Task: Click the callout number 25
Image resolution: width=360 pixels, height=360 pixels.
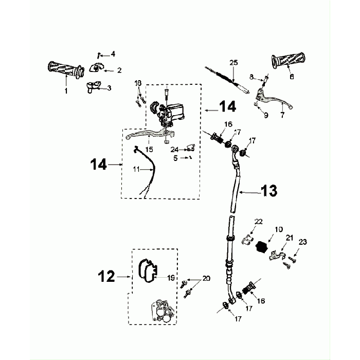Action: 233,63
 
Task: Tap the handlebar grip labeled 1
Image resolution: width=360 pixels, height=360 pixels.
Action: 66,70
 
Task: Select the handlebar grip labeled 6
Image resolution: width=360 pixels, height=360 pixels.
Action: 289,60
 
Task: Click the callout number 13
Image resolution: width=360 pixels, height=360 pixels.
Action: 269,191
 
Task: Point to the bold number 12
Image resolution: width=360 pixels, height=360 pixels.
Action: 106,277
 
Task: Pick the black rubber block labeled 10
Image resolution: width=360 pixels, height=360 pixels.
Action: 261,247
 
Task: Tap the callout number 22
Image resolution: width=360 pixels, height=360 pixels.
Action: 259,222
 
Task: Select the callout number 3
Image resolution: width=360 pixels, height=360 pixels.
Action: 109,88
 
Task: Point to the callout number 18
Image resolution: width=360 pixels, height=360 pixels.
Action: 138,83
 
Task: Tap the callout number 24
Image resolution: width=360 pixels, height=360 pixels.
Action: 174,150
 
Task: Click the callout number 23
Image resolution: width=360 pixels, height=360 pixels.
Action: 303,242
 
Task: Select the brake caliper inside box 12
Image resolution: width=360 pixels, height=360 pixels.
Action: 163,311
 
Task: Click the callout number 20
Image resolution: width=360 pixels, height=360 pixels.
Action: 206,279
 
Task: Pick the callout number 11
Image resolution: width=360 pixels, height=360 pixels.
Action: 136,169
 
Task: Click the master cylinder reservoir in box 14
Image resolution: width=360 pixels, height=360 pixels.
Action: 175,112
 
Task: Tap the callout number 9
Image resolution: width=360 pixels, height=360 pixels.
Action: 266,115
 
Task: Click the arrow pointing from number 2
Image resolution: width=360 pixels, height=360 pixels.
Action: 109,71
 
